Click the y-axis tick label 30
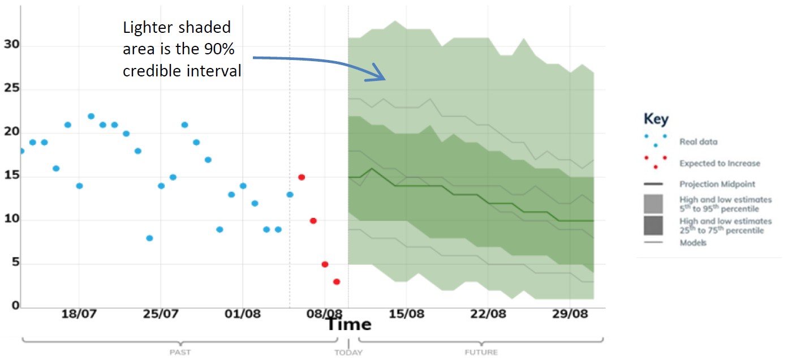click(x=11, y=45)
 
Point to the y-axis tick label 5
click(x=14, y=263)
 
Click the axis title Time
click(x=348, y=324)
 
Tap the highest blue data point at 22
click(x=91, y=116)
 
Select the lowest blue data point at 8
click(x=149, y=238)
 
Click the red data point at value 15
click(x=302, y=177)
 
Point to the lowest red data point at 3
click(x=337, y=281)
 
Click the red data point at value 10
click(x=313, y=220)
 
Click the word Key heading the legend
click(x=656, y=119)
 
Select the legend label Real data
click(x=698, y=142)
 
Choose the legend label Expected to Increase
click(x=720, y=163)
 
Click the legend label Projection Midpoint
click(x=717, y=184)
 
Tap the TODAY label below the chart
click(x=348, y=352)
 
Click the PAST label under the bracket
click(x=180, y=352)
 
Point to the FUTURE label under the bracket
click(x=481, y=352)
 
